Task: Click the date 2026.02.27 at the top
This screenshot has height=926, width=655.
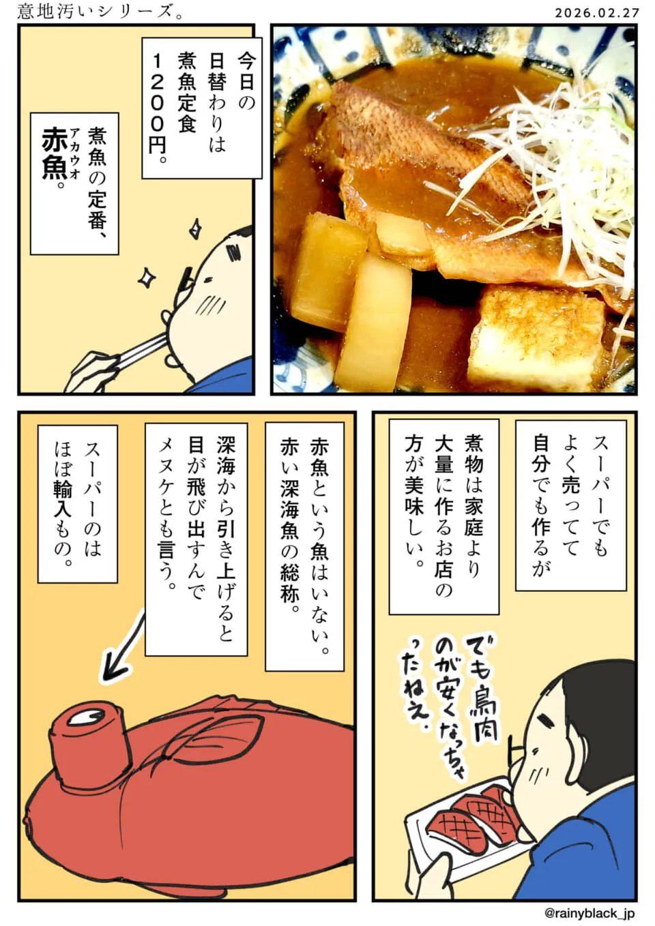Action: tap(597, 13)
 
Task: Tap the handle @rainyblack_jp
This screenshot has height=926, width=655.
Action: tap(589, 912)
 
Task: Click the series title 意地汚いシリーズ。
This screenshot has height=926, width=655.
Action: tap(100, 12)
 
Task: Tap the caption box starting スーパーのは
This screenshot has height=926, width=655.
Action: tap(78, 504)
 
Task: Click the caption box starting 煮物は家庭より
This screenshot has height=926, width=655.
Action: tap(444, 517)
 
